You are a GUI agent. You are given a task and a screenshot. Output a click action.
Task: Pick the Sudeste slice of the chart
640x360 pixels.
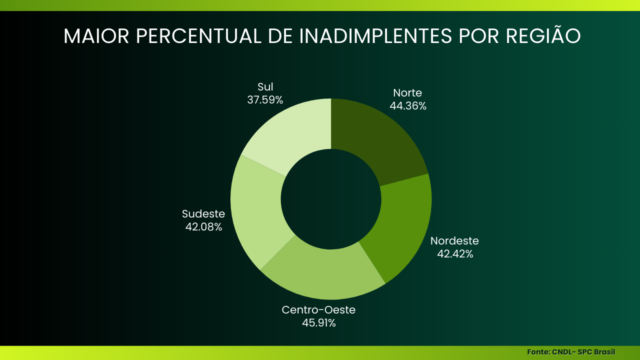tap(257, 210)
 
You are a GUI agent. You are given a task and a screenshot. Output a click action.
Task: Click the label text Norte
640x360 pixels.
tap(407, 93)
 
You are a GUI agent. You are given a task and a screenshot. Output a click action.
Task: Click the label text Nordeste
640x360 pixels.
tap(454, 241)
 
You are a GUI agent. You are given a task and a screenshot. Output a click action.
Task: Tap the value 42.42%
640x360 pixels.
tap(455, 254)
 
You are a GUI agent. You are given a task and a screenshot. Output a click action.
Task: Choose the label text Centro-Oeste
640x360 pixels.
tap(318, 310)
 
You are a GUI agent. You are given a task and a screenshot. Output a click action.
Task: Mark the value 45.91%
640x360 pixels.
tap(318, 323)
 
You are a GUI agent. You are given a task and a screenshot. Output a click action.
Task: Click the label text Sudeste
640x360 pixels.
tap(203, 214)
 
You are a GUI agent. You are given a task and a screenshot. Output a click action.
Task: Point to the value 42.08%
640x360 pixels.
tap(203, 227)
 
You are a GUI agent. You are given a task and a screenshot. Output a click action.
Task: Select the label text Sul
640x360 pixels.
tap(265, 87)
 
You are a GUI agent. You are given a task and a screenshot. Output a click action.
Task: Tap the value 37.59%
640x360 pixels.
tap(265, 100)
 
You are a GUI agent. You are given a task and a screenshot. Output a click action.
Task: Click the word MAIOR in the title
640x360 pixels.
tap(96, 36)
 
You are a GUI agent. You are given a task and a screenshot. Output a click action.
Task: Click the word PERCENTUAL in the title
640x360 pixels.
tap(198, 36)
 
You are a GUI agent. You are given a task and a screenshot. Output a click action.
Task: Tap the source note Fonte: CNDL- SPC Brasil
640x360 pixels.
tap(571, 352)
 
